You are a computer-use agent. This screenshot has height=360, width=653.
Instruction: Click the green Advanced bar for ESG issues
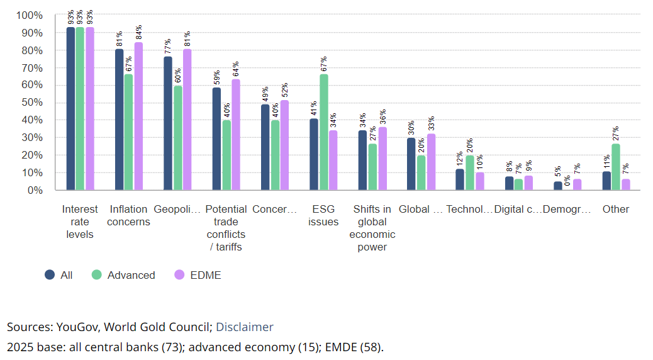pyautogui.click(x=324, y=132)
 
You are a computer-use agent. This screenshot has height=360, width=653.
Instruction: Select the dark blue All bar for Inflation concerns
pyautogui.click(x=119, y=120)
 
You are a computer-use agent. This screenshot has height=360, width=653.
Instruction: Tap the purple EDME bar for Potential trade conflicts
pyautogui.click(x=236, y=135)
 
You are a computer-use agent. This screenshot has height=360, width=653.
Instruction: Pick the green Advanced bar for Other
pyautogui.click(x=616, y=167)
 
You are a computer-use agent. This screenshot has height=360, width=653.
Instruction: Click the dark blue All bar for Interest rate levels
pyautogui.click(x=70, y=108)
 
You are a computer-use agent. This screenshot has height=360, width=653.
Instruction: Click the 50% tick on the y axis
pyautogui.click(x=30, y=103)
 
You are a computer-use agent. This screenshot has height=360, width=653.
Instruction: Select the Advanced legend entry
pyautogui.click(x=131, y=275)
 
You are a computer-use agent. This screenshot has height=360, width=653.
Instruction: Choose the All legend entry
pyautogui.click(x=66, y=275)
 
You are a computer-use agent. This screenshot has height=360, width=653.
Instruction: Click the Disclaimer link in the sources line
pyautogui.click(x=245, y=327)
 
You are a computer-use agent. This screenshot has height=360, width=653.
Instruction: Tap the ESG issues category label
pyautogui.click(x=324, y=215)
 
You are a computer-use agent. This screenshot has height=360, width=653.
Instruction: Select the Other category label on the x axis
pyautogui.click(x=616, y=209)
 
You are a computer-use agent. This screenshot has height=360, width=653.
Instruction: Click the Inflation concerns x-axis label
pyautogui.click(x=130, y=215)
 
